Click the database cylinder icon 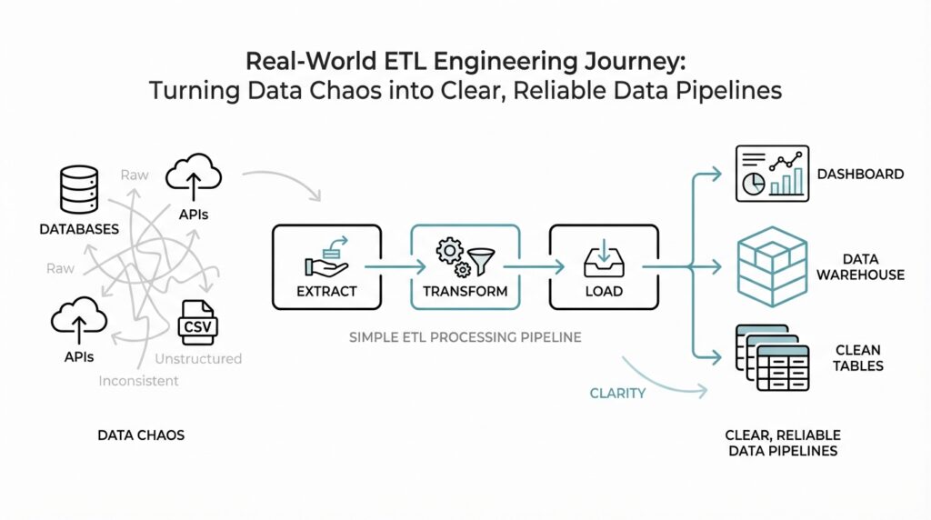[x=79, y=188]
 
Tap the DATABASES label [x=79, y=229]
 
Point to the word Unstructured [x=198, y=358]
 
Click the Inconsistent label [x=138, y=381]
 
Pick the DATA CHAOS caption [x=141, y=435]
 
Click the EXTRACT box [x=326, y=267]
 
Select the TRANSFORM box [x=465, y=267]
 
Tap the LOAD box [x=604, y=267]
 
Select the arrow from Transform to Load [x=535, y=267]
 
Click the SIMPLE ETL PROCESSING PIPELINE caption [x=465, y=337]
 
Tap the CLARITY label [x=617, y=393]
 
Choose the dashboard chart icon [x=770, y=174]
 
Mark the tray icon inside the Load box [x=604, y=261]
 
